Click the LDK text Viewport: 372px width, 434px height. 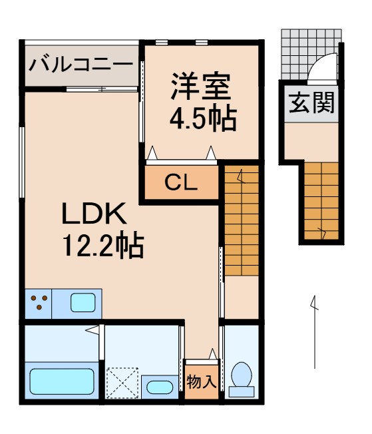(94, 215)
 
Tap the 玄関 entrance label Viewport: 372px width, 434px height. (311, 103)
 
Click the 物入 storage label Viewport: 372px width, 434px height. (201, 383)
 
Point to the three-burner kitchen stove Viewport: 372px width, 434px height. (39, 304)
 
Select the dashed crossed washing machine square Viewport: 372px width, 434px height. (122, 383)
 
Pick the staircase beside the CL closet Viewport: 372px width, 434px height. (241, 220)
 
